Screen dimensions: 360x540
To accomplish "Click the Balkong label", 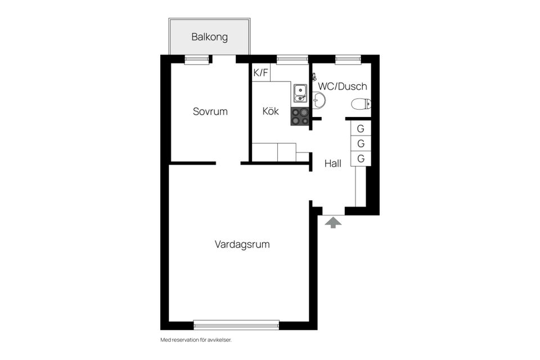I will [x=209, y=38].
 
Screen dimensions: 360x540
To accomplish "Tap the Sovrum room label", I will [x=210, y=111].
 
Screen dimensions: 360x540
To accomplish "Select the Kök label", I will [x=271, y=111].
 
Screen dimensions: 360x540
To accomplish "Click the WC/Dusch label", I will [x=343, y=87].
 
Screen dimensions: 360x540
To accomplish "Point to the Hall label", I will [x=333, y=164].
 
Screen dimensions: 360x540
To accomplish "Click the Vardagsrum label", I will [x=242, y=245].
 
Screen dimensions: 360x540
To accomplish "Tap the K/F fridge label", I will [x=261, y=73].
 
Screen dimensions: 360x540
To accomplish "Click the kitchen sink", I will [x=300, y=93].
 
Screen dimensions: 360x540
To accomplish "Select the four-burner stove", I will [x=300, y=116].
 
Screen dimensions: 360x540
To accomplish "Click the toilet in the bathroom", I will [x=361, y=103].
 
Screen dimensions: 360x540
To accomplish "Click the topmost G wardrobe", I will [x=361, y=128].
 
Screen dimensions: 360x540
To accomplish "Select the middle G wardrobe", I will [x=361, y=143].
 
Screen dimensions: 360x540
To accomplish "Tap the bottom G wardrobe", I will [x=361, y=159].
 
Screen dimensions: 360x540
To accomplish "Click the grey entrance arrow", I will [x=334, y=223].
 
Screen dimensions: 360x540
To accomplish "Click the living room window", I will [x=236, y=324].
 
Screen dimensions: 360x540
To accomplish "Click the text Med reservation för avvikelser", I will [x=196, y=340].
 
